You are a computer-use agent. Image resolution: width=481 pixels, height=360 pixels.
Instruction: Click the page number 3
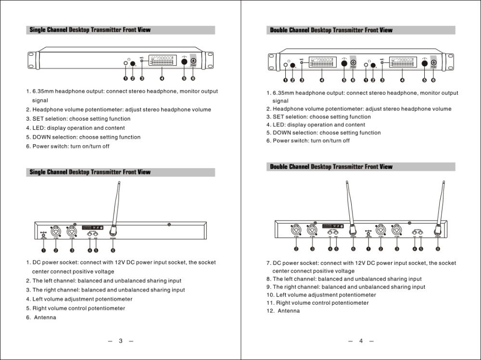[x=120, y=341]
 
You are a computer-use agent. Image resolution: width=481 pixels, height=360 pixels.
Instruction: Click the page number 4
[x=361, y=341]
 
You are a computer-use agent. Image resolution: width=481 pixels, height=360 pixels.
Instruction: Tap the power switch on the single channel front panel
[x=193, y=61]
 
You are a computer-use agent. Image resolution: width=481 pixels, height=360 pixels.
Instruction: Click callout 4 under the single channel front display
[x=162, y=78]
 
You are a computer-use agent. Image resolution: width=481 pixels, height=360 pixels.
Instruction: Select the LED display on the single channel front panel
[x=162, y=62]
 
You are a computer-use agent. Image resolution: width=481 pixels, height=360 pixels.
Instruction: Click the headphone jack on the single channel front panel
[x=126, y=63]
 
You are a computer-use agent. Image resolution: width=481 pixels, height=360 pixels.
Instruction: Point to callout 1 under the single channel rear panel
[x=43, y=250]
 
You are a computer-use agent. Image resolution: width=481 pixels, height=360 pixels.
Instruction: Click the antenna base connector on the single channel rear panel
[x=113, y=231]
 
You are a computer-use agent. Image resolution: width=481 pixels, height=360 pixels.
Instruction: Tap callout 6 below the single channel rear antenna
[x=113, y=250]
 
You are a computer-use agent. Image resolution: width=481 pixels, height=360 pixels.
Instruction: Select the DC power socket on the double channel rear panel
[x=368, y=233]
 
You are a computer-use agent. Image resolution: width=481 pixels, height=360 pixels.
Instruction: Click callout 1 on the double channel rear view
[x=368, y=248]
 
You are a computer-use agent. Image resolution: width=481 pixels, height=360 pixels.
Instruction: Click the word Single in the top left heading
[x=38, y=30]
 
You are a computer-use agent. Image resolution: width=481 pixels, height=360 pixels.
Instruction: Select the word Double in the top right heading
[x=278, y=30]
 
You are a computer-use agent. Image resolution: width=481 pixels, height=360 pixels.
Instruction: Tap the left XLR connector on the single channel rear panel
[x=56, y=230]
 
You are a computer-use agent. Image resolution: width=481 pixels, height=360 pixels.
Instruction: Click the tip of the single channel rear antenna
[x=119, y=183]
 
